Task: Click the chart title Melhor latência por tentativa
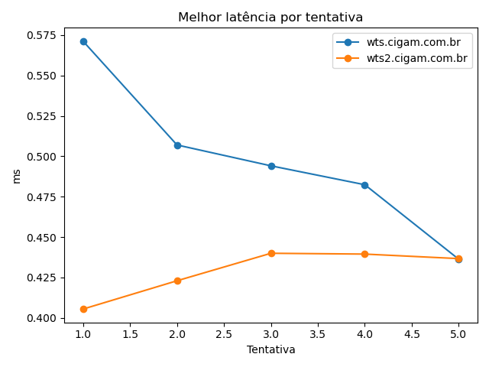pos(270,17)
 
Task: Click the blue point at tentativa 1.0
pos(83,41)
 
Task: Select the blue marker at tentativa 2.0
pos(177,145)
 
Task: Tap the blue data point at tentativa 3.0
pos(271,166)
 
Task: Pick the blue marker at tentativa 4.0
pos(364,185)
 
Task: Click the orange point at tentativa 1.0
pos(83,309)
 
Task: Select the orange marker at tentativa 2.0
pos(177,281)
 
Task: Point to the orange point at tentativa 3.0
pos(271,253)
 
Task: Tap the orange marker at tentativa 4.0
pos(364,254)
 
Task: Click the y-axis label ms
pos(17,176)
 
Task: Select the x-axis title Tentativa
pos(270,349)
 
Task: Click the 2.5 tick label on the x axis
pos(224,333)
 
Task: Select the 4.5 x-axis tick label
pos(412,333)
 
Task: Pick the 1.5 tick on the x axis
pos(130,333)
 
